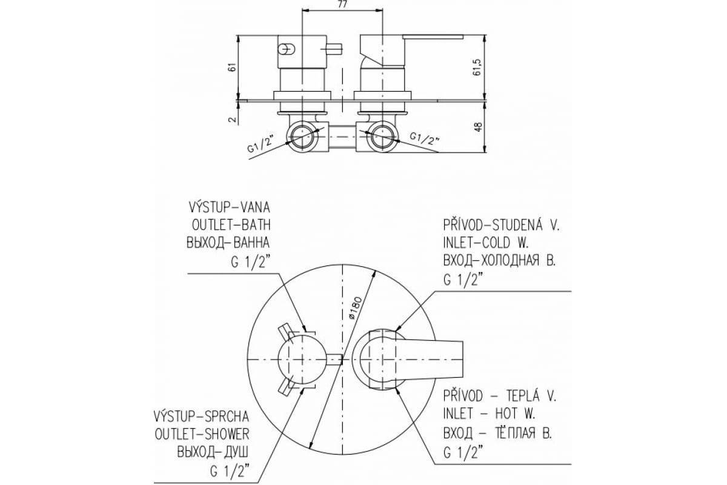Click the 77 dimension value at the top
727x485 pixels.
point(342,4)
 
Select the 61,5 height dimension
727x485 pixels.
point(476,67)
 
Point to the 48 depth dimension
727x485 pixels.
point(478,127)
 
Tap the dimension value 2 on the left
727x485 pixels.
point(231,119)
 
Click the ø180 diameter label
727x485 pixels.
point(355,307)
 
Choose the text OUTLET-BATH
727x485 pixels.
point(231,225)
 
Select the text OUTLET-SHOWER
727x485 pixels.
point(202,434)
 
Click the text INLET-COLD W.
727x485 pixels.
point(486,242)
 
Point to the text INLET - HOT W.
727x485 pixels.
point(489,414)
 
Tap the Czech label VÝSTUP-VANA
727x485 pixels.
point(229,207)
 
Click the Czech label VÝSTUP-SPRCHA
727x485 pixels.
point(202,416)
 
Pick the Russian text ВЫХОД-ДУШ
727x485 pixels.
point(213,452)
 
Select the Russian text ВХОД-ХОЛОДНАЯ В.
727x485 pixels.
point(499,261)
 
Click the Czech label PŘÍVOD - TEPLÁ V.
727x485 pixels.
point(499,396)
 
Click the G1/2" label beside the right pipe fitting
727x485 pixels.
point(425,138)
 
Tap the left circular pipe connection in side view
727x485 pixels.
point(302,136)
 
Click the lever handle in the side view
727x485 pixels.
point(433,37)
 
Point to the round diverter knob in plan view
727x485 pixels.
point(302,360)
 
